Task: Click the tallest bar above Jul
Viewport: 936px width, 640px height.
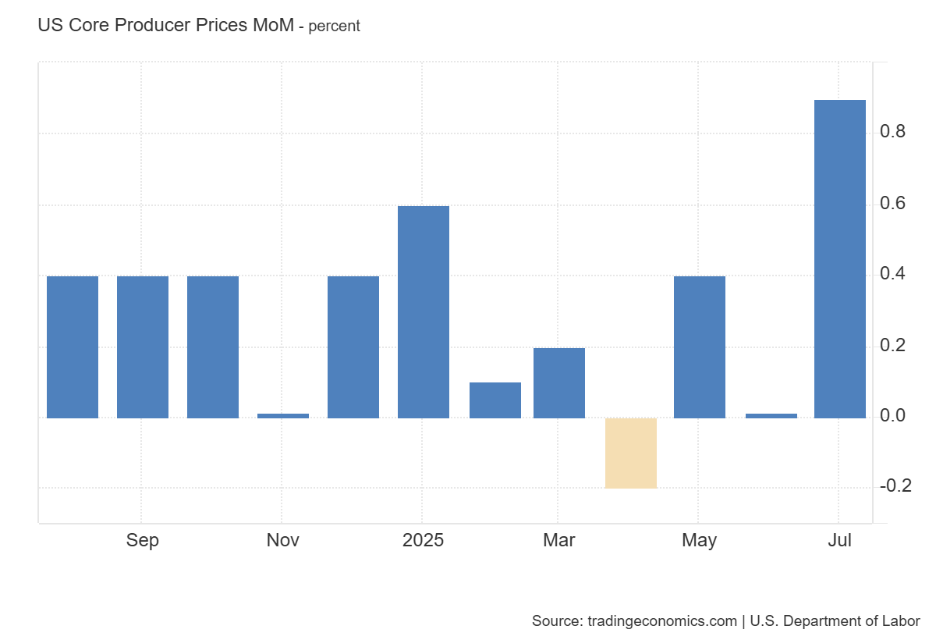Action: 839,258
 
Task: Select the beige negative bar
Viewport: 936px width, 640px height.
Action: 631,453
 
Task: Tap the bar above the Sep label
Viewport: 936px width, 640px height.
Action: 143,347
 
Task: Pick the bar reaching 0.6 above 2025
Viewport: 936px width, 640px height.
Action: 424,312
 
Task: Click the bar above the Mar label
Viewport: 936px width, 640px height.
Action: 559,383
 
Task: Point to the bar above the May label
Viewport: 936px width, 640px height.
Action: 700,347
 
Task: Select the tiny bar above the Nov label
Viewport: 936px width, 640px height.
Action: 283,415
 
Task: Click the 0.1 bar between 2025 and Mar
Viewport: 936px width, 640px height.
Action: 495,400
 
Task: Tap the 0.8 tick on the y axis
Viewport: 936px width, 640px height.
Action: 892,132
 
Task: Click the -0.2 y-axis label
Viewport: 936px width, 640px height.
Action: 895,486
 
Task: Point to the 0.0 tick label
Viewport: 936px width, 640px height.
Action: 892,416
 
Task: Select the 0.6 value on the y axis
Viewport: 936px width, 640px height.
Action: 892,204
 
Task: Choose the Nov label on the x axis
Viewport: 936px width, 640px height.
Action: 283,540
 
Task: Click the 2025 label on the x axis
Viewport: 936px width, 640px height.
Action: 423,540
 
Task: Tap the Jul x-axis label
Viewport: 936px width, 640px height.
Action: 839,540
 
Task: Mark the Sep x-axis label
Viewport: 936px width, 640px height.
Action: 143,540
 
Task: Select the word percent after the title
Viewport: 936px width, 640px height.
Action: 335,27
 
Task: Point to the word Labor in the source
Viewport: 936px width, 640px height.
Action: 902,621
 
